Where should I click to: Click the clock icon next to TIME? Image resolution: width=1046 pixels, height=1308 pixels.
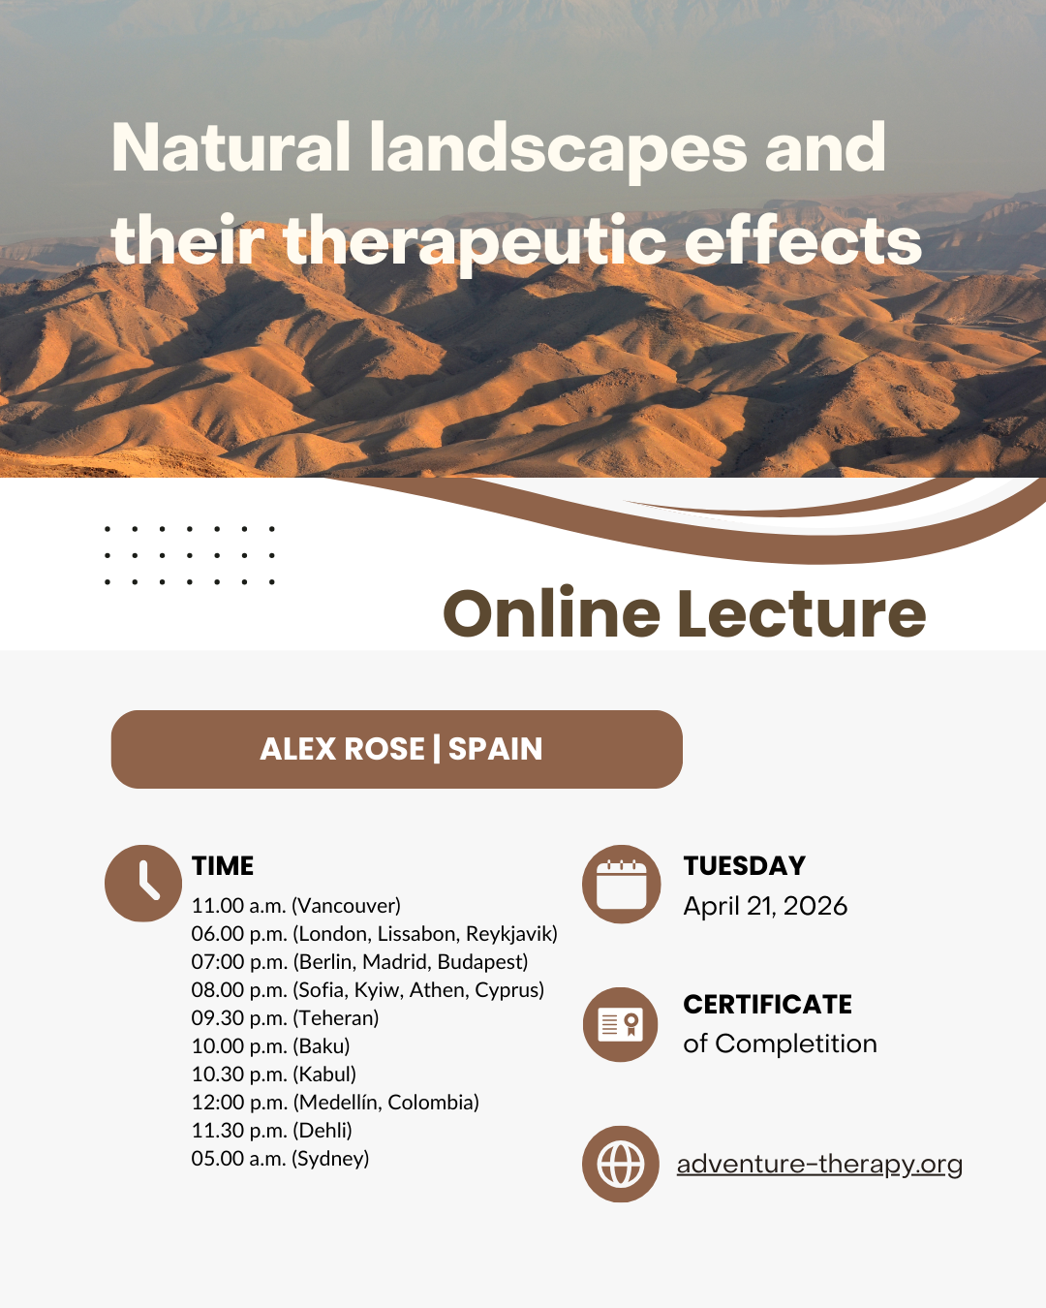click(142, 884)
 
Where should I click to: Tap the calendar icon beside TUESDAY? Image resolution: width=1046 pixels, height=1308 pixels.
click(621, 884)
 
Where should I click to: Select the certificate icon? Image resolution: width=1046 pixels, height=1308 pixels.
click(621, 1024)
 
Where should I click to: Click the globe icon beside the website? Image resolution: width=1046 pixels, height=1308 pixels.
click(621, 1164)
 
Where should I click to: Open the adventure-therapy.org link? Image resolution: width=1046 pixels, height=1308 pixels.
click(820, 1164)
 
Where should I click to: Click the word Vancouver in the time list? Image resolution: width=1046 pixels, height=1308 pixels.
click(347, 906)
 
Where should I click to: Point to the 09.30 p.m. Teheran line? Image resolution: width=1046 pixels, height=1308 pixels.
click(285, 1018)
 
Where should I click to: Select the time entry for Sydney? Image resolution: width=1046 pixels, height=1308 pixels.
click(280, 1159)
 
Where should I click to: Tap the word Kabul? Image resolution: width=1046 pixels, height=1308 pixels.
click(323, 1074)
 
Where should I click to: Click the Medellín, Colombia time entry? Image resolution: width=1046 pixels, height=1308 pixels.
click(335, 1102)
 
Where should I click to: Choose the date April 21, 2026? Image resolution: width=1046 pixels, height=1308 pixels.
click(765, 906)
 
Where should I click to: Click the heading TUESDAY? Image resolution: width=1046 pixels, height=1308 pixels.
click(745, 865)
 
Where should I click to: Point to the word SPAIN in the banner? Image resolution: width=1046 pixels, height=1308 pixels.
click(495, 749)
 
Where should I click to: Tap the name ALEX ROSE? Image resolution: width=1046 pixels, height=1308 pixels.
click(342, 749)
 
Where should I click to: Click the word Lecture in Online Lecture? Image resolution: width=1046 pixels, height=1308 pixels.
click(801, 613)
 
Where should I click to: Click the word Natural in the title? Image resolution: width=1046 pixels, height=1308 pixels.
click(231, 147)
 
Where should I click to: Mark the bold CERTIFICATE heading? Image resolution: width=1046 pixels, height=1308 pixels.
click(768, 1004)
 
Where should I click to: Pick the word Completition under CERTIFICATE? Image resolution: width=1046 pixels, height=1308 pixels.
click(795, 1043)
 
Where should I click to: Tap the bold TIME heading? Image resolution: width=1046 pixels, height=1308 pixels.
click(223, 865)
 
